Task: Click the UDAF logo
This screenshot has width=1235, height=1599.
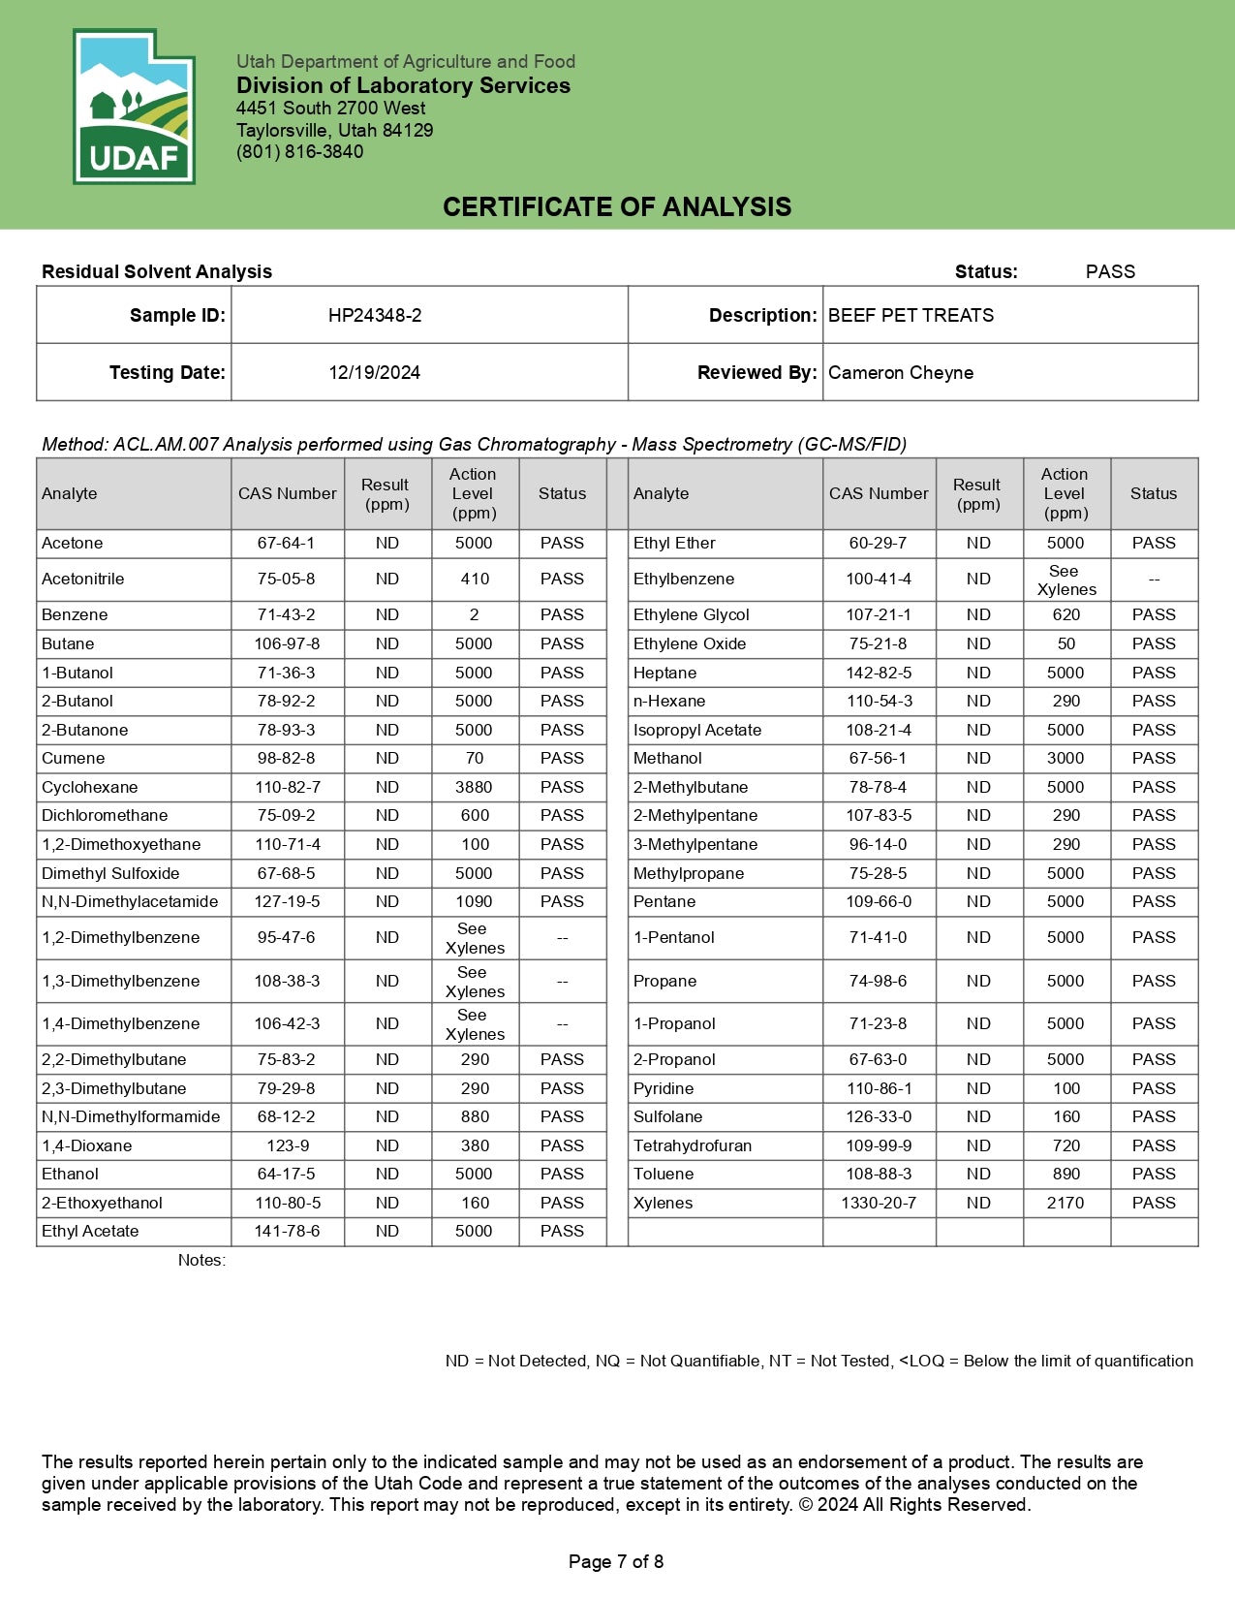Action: [x=134, y=107]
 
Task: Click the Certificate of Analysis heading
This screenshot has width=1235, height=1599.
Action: [x=617, y=206]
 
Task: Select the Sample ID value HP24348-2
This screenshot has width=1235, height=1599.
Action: [x=375, y=315]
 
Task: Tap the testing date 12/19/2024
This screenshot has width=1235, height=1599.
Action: [x=374, y=372]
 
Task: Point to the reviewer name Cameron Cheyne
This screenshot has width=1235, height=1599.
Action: [x=901, y=372]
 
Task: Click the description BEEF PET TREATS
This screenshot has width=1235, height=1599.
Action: [x=911, y=315]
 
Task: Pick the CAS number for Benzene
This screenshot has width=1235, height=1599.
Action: [x=287, y=614]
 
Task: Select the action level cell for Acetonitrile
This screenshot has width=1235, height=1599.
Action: [x=475, y=579]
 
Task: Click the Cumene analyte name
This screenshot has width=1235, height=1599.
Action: [x=74, y=758]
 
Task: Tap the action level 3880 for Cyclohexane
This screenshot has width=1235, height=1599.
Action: [x=474, y=787]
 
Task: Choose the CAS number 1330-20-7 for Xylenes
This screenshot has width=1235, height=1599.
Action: [x=879, y=1203]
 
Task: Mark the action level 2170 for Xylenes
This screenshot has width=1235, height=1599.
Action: [x=1065, y=1203]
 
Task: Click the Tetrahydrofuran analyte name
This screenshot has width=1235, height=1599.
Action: [x=693, y=1145]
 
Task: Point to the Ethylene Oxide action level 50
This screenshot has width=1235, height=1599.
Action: [x=1065, y=643]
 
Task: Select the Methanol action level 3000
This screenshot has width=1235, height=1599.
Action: [x=1065, y=758]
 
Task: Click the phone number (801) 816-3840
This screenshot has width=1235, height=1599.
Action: [x=300, y=151]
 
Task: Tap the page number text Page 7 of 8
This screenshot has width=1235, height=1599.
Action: [x=616, y=1561]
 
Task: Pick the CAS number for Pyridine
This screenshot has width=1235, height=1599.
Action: [x=879, y=1088]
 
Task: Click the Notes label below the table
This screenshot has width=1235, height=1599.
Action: [x=201, y=1260]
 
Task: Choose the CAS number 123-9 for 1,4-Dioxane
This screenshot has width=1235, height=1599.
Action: [x=288, y=1145]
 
